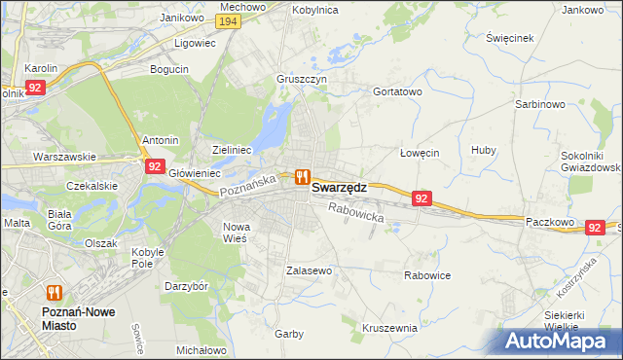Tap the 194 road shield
pos(229,21)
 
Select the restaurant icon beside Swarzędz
pos(302,177)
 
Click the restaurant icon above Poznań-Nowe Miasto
pos(54,292)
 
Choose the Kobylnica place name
pos(313,9)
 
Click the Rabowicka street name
pos(356,212)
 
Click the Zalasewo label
pos(310,270)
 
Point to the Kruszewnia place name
pos(389,328)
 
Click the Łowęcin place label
pos(421,153)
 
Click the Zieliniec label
pos(233,150)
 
